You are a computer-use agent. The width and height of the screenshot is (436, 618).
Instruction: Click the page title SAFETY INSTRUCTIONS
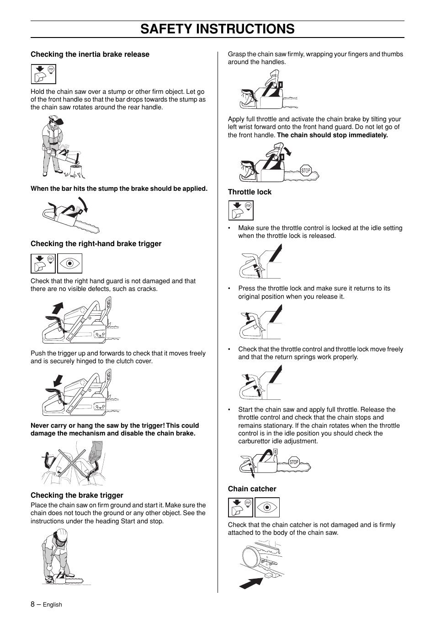coord(218,29)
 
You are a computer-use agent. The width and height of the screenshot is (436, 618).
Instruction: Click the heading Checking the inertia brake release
coord(90,54)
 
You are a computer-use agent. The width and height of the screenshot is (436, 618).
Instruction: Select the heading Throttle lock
coord(250,192)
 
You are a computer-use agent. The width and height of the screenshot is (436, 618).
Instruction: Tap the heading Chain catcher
coord(252,489)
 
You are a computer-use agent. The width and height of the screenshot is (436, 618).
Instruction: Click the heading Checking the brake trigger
coord(77,495)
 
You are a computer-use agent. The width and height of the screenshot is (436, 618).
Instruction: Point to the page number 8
coord(32,604)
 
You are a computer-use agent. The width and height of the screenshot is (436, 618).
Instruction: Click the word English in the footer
coord(52,605)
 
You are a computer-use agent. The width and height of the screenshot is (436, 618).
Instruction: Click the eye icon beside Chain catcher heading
coord(267,508)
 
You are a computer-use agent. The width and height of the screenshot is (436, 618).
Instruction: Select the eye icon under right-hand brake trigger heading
coord(69,263)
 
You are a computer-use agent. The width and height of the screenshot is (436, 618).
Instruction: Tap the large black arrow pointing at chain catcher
coord(251,583)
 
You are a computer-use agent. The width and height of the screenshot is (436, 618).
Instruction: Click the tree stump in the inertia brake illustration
coord(76,171)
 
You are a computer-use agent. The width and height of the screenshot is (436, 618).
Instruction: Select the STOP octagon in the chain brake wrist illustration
coord(306,171)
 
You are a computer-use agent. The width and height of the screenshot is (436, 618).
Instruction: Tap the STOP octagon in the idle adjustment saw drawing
coord(294,462)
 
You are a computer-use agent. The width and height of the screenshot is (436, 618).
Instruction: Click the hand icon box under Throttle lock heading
coord(240,210)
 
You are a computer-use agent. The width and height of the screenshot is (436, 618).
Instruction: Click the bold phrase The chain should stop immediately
coord(332,135)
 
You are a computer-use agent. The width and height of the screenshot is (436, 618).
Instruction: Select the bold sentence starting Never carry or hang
coord(114,430)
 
